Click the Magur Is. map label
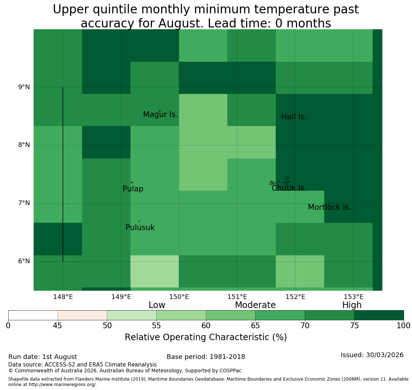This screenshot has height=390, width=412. click(160, 114)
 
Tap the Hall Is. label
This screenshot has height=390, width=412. click(294, 117)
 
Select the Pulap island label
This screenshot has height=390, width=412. click(133, 189)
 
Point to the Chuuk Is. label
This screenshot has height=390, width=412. click(289, 188)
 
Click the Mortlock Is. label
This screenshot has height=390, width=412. click(330, 207)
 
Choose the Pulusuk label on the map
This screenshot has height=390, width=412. click(140, 227)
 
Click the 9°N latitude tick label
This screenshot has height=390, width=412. click(24, 87)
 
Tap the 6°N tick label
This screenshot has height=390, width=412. click(24, 261)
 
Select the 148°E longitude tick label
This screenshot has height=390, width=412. click(63, 297)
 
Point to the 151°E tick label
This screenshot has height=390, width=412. click(237, 297)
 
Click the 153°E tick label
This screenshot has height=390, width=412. click(354, 297)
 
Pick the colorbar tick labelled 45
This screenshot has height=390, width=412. click(57, 326)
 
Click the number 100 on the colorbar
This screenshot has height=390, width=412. click(404, 326)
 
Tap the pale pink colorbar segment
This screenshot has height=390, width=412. click(82, 315)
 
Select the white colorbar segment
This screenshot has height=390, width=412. click(33, 315)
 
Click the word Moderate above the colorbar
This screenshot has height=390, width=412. click(255, 305)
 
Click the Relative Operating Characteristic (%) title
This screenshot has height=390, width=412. click(206, 337)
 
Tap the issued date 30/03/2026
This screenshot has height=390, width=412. click(385, 355)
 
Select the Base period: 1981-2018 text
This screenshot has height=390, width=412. click(206, 357)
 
